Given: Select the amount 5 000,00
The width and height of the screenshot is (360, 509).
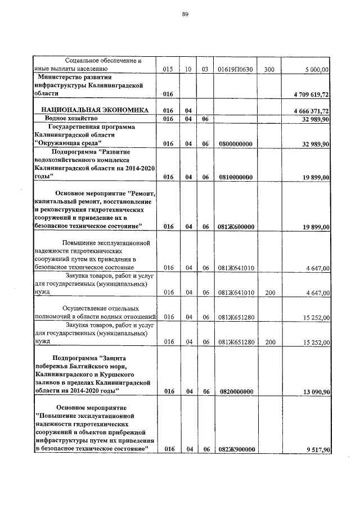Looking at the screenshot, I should click(317, 69).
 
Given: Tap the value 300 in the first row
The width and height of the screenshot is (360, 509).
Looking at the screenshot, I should click(269, 69).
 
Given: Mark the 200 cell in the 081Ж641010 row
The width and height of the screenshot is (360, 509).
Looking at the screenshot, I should click(270, 292).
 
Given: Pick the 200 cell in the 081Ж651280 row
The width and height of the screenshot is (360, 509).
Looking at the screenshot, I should click(270, 342).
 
